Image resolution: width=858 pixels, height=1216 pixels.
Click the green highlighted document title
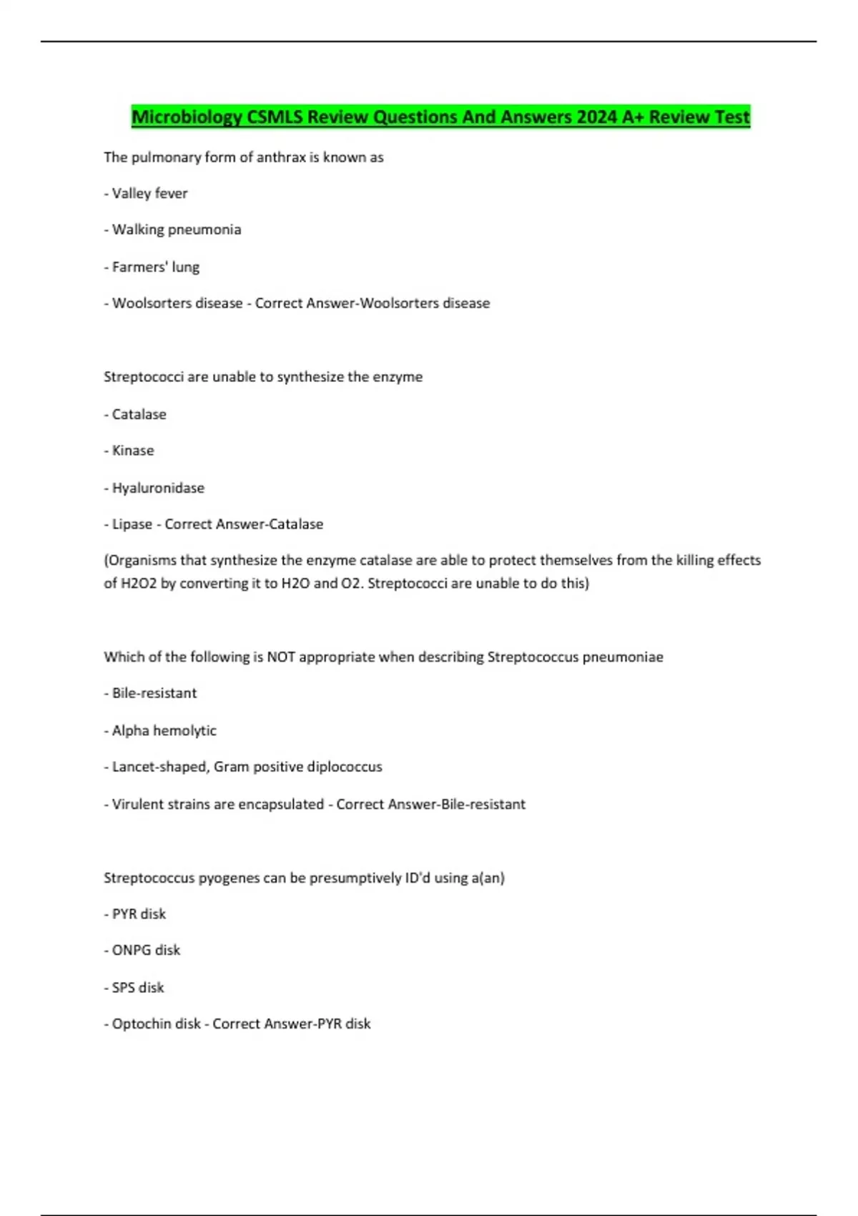440,117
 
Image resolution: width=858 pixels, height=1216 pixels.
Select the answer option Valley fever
149,193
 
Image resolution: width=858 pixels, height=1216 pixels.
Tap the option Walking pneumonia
176,230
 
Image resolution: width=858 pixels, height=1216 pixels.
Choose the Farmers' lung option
155,267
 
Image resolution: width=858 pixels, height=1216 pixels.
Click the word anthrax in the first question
281,157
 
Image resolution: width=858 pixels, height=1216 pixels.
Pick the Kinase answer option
133,451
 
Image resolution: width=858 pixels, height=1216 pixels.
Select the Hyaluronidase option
158,488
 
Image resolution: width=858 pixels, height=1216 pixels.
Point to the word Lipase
132,524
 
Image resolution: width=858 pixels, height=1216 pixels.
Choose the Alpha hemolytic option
164,730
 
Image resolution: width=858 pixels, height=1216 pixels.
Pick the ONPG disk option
146,950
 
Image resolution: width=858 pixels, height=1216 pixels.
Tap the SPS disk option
138,987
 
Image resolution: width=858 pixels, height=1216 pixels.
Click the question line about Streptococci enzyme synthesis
263,377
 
